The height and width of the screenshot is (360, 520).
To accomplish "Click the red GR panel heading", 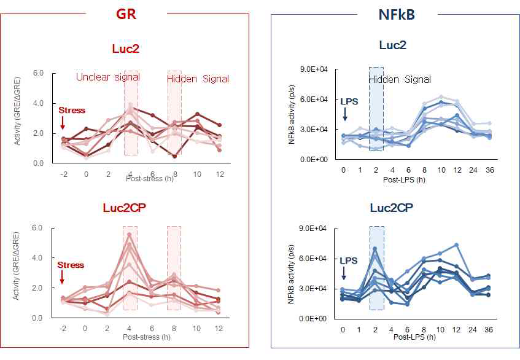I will point(125,14).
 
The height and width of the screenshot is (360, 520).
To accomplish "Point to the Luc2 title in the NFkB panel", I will point(394,45).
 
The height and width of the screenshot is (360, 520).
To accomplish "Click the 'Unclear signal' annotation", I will point(107,77).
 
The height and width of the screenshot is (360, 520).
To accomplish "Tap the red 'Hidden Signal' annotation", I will point(198,79).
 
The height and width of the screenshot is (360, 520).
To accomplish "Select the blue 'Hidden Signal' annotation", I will point(400,79).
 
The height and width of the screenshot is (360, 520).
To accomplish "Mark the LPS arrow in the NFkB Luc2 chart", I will point(345,114).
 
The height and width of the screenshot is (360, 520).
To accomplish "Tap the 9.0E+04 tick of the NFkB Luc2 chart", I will point(314,69).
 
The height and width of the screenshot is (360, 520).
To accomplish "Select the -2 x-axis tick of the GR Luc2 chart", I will point(62,174).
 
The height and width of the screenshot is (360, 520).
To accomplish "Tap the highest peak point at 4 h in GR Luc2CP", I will point(130,235).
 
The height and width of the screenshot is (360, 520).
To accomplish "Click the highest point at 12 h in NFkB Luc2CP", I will point(457,245).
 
